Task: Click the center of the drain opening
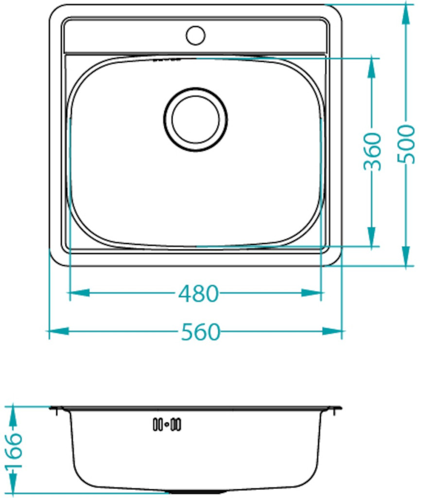[x=195, y=119]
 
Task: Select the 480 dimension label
[x=198, y=294]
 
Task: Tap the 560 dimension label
[x=200, y=332]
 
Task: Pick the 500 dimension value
[x=406, y=144]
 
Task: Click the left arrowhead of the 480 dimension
[x=79, y=293]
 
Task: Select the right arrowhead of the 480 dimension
[x=311, y=293]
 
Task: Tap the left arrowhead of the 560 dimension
[x=59, y=331]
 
